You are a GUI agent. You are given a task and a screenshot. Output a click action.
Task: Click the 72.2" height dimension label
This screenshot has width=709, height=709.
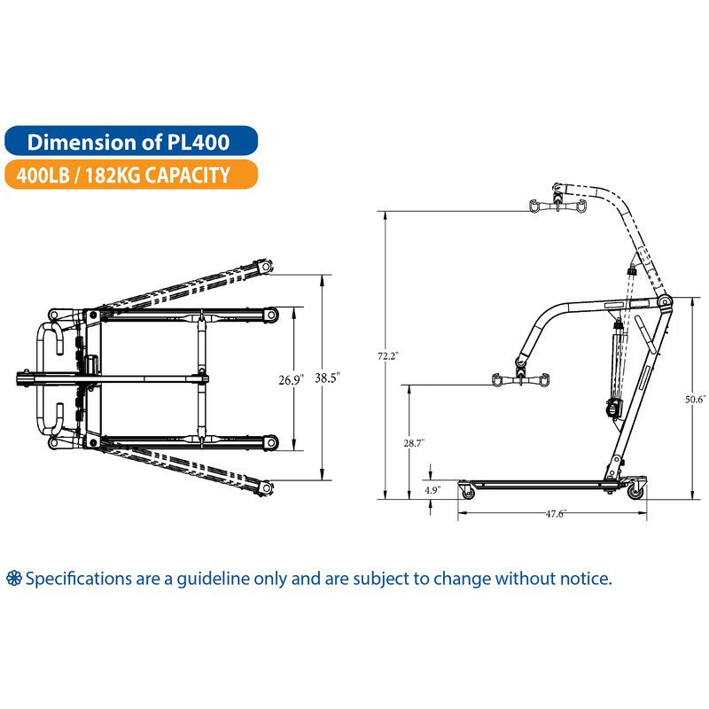pos(386,356)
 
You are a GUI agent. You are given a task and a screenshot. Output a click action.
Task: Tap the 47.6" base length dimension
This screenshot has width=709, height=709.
pos(555,512)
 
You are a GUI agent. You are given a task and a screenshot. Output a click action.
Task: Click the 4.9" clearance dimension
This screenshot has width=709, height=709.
pos(432,489)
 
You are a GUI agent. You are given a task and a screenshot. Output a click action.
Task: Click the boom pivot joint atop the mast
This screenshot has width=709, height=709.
pos(665,303)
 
